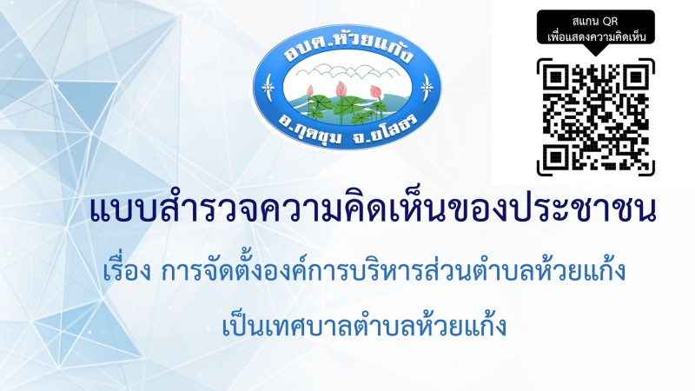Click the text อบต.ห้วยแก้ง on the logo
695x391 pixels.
pyautogui.click(x=349, y=49)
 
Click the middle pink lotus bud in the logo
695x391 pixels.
pyautogui.click(x=341, y=89)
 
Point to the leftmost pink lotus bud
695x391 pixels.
pyautogui.click(x=310, y=91)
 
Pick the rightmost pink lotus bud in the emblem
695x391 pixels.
pyautogui.click(x=376, y=92)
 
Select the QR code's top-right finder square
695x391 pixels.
pyautogui.click(x=637, y=77)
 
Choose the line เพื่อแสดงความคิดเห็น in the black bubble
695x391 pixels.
pyautogui.click(x=596, y=36)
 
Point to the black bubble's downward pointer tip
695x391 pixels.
pyautogui.click(x=596, y=56)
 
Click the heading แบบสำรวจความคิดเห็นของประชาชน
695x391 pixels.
pyautogui.click(x=374, y=211)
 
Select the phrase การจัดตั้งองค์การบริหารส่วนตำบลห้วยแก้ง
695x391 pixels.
pyautogui.click(x=394, y=270)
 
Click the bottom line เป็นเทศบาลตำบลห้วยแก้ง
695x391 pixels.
pyautogui.click(x=364, y=325)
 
